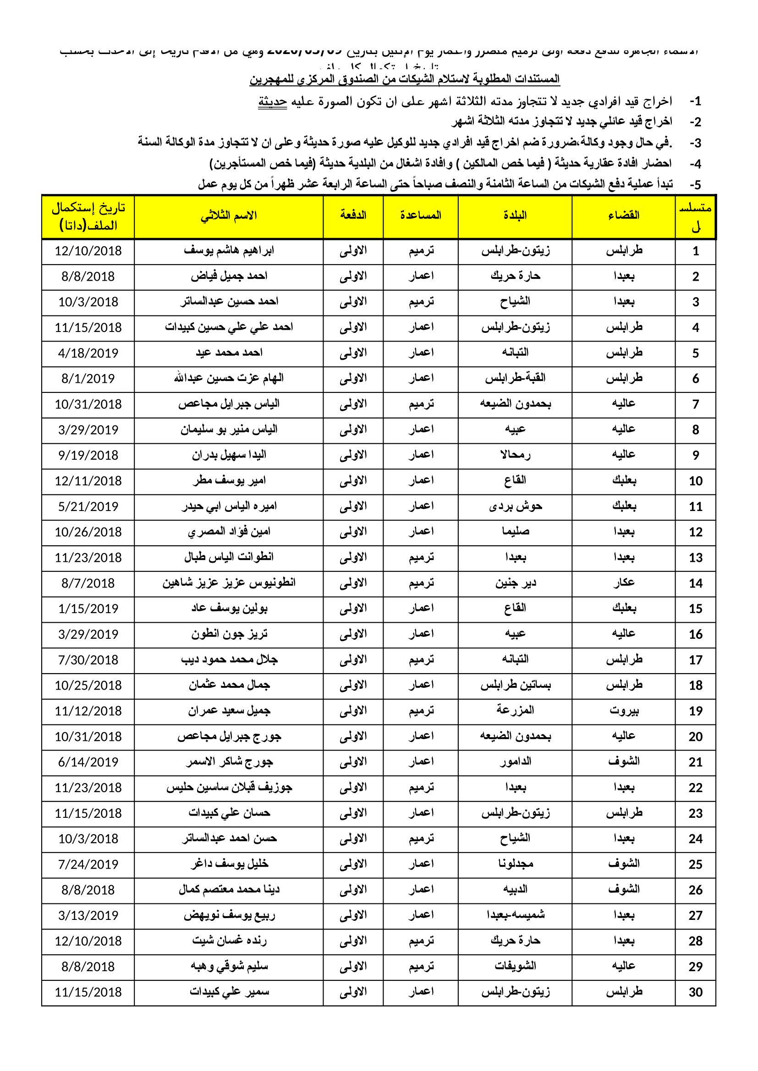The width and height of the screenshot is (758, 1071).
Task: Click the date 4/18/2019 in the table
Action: click(88, 353)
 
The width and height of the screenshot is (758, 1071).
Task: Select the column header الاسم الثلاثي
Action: click(229, 216)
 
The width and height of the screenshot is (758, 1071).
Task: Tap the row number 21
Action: click(695, 762)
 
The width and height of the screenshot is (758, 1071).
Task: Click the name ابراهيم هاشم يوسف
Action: click(229, 250)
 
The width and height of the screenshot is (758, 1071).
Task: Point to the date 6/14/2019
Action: click(88, 762)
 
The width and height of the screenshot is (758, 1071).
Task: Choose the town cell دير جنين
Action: click(515, 583)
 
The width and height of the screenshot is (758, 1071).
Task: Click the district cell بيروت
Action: click(624, 711)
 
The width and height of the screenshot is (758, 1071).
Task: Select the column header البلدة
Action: click(515, 216)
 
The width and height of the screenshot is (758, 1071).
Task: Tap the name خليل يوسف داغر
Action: click(229, 864)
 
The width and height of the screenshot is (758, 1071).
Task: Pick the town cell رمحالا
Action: click(515, 455)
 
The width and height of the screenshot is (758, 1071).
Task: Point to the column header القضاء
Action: click(624, 216)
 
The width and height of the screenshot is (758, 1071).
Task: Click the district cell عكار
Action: click(624, 583)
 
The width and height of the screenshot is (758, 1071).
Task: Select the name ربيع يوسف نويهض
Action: click(229, 916)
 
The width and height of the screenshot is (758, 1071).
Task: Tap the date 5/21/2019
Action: click(88, 506)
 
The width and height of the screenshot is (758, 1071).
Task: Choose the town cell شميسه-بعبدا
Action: click(515, 916)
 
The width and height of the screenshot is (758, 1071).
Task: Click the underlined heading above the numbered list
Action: click(404, 79)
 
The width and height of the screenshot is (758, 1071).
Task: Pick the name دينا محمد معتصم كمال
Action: click(229, 890)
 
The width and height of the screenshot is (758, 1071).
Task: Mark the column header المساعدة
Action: click(421, 216)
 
